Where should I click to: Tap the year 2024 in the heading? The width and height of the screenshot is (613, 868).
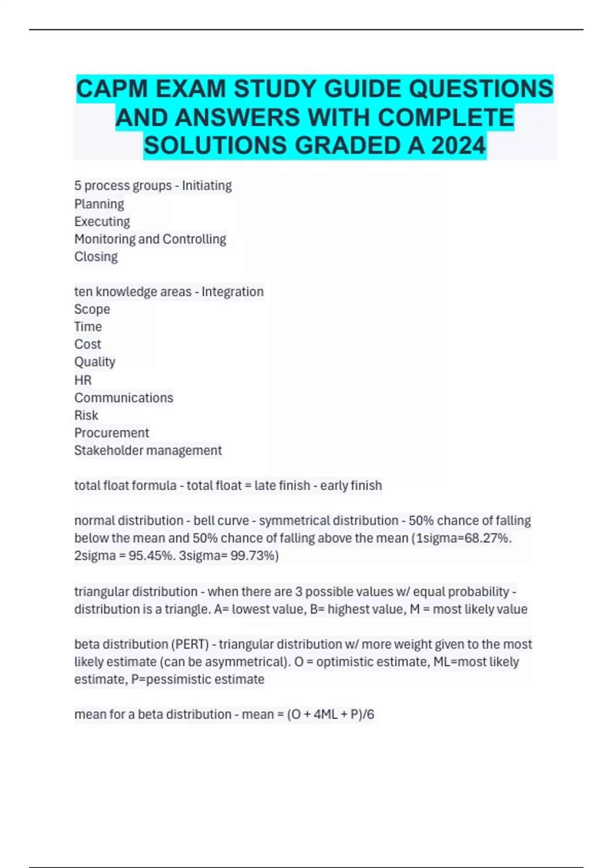[458, 146]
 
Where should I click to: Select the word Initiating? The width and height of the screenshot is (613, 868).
[207, 185]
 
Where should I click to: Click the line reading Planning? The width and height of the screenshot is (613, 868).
[99, 204]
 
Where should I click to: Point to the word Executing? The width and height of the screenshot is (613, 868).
[102, 222]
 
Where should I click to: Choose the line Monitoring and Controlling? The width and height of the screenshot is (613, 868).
[150, 239]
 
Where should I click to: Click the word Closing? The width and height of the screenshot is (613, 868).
[96, 256]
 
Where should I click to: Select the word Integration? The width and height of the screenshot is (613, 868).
[232, 292]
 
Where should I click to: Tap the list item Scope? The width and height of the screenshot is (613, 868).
[92, 309]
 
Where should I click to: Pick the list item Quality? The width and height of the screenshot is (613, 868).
[95, 362]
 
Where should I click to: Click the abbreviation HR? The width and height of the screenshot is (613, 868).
[83, 380]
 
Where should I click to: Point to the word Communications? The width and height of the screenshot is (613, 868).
[124, 398]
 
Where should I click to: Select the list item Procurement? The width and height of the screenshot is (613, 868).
[111, 433]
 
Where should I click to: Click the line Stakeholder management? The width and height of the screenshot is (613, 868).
[148, 450]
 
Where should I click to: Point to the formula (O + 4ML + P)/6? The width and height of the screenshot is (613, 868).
[331, 714]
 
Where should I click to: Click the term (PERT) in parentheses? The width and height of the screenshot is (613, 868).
[192, 644]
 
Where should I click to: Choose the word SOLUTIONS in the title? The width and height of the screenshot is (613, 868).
[216, 146]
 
